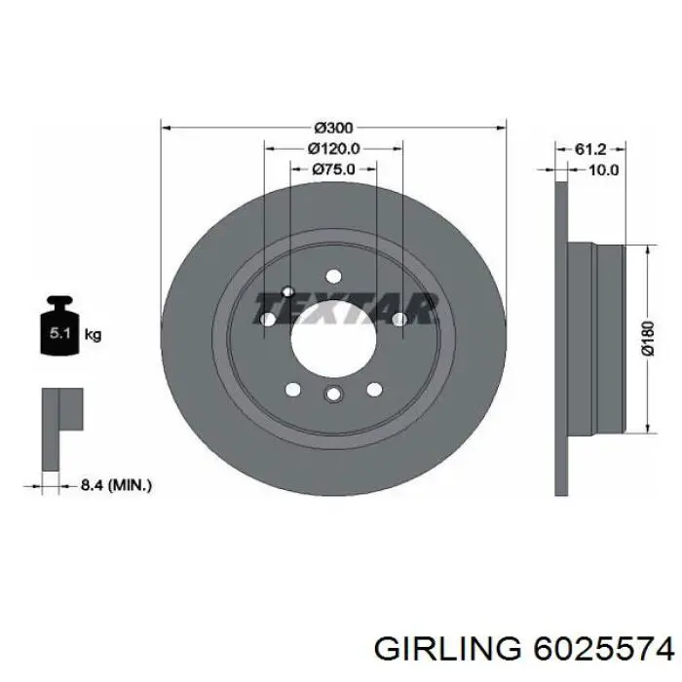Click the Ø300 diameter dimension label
click(x=333, y=128)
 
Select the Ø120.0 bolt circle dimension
click(x=334, y=148)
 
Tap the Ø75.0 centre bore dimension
click(x=333, y=169)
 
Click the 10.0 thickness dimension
click(x=604, y=170)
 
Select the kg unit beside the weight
click(x=94, y=334)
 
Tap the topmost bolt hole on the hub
click(x=333, y=276)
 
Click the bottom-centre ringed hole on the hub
click(x=332, y=395)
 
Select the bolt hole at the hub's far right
click(x=398, y=319)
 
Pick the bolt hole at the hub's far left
click(x=267, y=319)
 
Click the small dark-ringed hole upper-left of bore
click(x=287, y=291)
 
